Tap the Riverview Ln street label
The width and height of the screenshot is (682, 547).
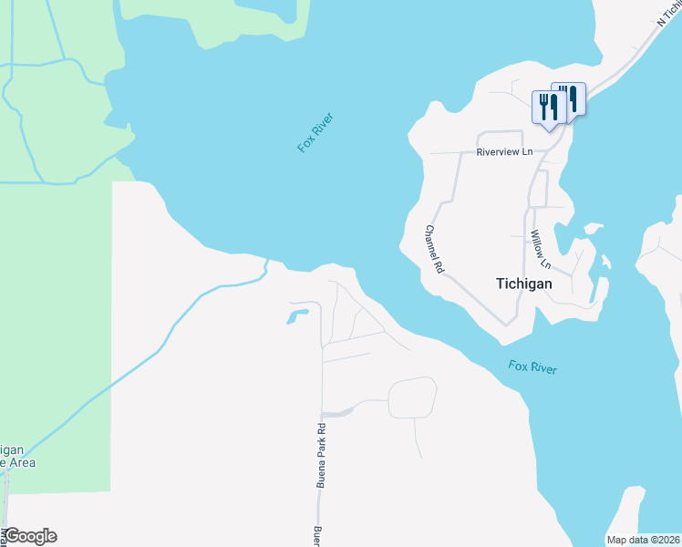[504, 152]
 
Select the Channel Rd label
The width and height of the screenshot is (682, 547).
[433, 250]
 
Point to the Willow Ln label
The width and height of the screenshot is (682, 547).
[541, 249]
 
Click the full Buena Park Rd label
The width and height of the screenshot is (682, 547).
[321, 456]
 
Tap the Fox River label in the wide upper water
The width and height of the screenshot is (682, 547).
[316, 132]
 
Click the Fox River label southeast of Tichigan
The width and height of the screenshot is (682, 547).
[532, 367]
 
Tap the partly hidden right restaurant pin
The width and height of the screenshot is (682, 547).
[574, 97]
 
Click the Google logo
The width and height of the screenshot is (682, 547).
[29, 536]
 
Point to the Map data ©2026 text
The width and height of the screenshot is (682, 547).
[642, 540]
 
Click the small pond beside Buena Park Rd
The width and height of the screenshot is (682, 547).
[297, 316]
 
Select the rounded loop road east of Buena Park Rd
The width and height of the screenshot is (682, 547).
[412, 397]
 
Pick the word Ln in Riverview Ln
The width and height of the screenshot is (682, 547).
[526, 152]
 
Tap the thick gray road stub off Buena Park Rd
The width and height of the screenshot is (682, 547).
[337, 413]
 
